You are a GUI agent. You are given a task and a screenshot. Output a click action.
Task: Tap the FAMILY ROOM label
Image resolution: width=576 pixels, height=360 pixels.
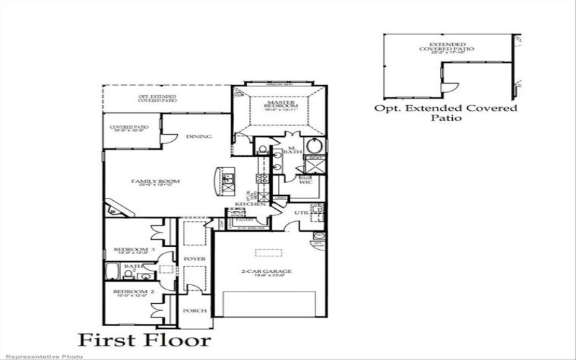click(x=155, y=181)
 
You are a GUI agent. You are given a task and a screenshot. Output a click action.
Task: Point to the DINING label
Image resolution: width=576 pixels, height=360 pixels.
click(x=198, y=137)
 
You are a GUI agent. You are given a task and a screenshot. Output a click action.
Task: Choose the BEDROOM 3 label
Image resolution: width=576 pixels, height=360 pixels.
click(x=131, y=250)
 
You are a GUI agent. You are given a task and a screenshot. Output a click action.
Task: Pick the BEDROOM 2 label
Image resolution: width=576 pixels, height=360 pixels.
click(x=131, y=292)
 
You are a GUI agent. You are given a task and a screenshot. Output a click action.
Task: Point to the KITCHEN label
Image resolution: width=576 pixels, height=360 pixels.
click(x=256, y=205)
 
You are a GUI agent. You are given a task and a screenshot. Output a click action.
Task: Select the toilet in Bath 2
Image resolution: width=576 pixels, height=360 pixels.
click(x=146, y=276)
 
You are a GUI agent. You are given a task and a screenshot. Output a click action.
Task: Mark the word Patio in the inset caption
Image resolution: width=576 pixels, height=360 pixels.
click(x=446, y=120)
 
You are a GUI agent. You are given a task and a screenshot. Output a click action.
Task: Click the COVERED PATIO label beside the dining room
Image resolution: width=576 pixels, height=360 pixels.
click(x=130, y=128)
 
